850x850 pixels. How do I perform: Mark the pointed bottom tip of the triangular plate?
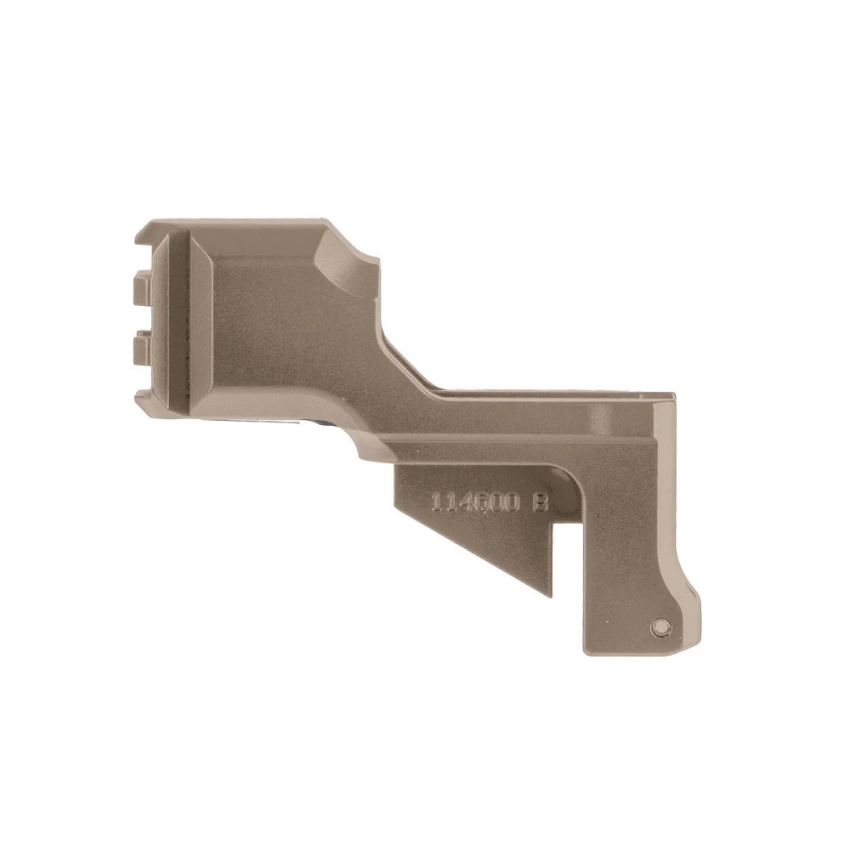[x=550, y=595]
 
